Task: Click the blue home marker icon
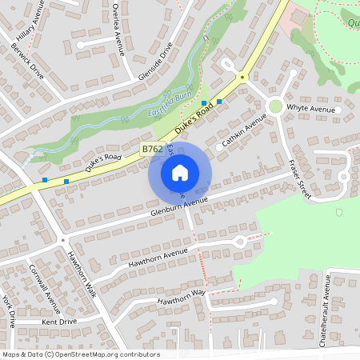(x=180, y=173)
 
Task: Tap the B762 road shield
(x=154, y=149)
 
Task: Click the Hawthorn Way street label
(x=182, y=297)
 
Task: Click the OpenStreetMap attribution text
(x=81, y=354)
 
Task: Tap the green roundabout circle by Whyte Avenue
(x=275, y=106)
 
